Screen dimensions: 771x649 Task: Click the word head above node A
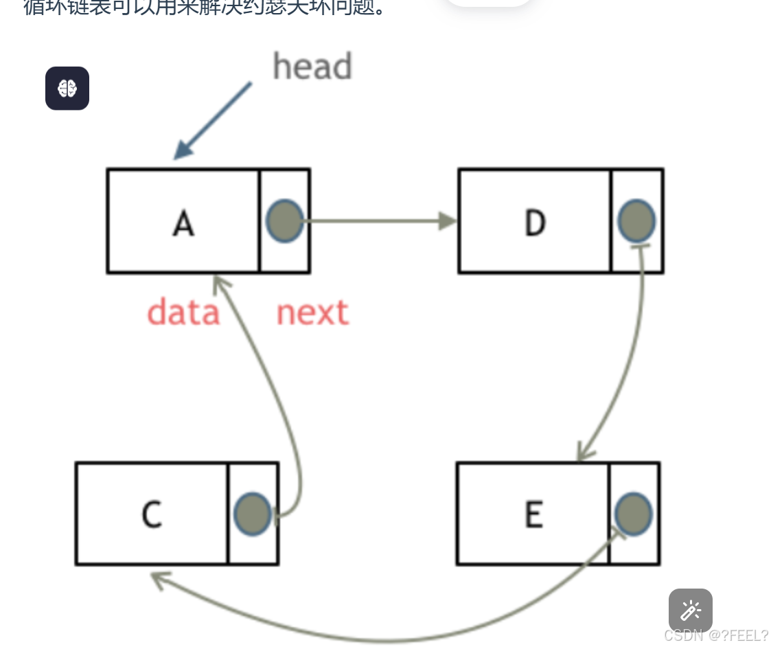tap(312, 67)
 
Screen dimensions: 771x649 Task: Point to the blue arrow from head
tap(213, 120)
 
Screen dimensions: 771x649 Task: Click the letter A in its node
tap(183, 223)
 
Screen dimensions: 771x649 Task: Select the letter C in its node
tap(152, 514)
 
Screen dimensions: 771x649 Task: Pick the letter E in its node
tap(533, 514)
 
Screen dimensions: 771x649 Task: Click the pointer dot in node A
tap(284, 221)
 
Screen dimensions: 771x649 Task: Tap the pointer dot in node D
tap(636, 221)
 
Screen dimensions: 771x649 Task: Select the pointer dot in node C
tap(253, 514)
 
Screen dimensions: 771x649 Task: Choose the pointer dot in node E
tap(633, 514)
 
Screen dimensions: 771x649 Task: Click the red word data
tap(183, 312)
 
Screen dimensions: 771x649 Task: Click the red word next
tap(312, 312)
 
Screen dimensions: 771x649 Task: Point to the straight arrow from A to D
tap(378, 221)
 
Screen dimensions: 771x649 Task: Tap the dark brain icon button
tap(67, 88)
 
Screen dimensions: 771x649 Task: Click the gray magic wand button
tap(690, 610)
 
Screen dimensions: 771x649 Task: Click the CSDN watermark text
tap(715, 635)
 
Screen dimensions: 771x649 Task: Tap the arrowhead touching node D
tap(448, 221)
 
